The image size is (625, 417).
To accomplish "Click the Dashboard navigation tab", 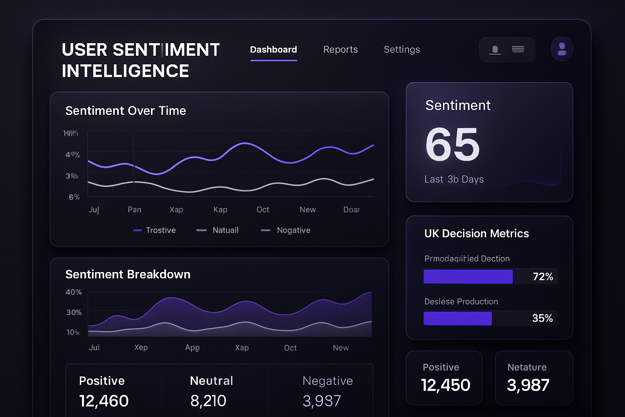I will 273,50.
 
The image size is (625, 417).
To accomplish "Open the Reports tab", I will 341,50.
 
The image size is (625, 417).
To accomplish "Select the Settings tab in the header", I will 402,50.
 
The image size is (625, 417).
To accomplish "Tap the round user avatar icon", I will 562,49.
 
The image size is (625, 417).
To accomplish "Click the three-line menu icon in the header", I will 518,49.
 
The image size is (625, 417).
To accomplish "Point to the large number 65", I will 452,145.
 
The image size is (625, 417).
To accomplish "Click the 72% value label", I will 543,277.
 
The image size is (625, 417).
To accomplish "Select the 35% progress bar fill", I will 458,318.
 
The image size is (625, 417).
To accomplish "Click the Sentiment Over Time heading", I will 126,111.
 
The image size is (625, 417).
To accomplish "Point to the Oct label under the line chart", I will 263,210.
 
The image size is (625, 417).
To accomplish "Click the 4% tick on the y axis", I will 72,155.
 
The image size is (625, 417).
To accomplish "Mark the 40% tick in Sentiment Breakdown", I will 74,292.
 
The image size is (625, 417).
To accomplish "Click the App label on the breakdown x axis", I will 192,348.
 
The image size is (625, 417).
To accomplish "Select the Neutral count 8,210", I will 208,401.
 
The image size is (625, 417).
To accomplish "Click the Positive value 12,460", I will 104,401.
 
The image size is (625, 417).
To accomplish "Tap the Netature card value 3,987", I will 528,385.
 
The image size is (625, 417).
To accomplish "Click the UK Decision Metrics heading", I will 476,234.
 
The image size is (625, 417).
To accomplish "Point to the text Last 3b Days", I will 454,180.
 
